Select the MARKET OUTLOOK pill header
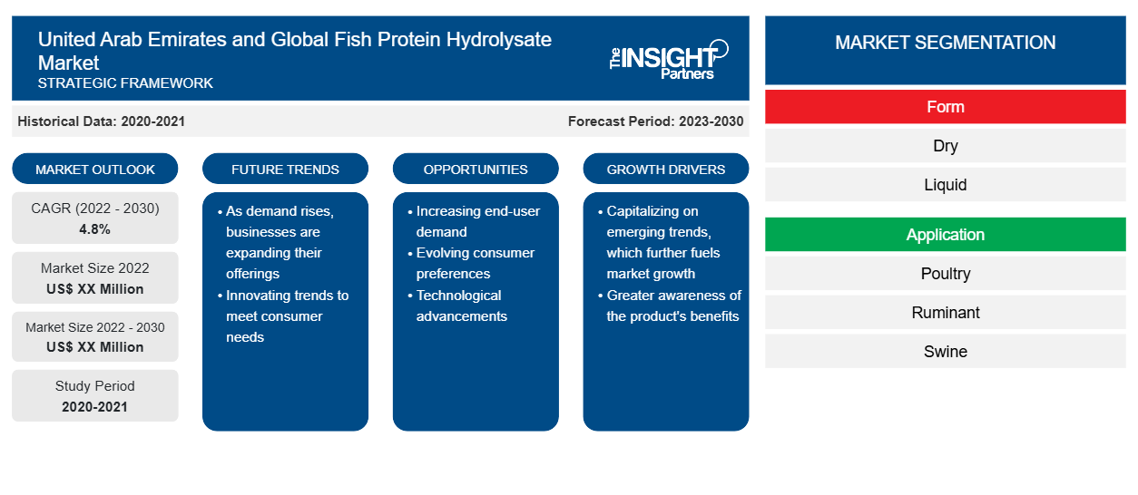coord(95,169)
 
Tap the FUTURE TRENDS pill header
coord(285,169)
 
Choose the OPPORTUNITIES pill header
coord(476,169)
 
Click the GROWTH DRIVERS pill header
coord(666,169)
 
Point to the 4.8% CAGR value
coord(95,229)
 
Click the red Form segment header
coord(946,107)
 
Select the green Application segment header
coord(946,235)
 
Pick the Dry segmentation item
coord(946,146)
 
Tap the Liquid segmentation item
coord(946,184)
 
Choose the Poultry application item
coord(946,274)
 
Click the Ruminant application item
coord(946,312)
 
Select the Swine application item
coord(946,352)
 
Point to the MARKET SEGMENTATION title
coord(946,42)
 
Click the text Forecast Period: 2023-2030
coord(655,121)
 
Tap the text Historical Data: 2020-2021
coord(101,121)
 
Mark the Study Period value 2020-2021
coord(95,407)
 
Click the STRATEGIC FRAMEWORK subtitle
coord(125,82)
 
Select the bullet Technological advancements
coord(461,306)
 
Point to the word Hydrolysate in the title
coord(499,40)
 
